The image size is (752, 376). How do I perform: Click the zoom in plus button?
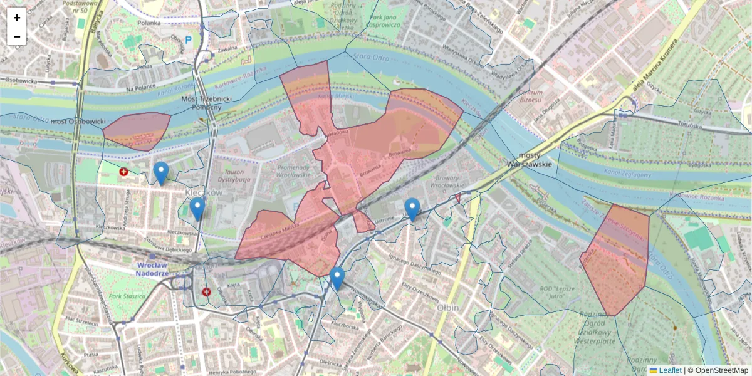pyautogui.click(x=17, y=18)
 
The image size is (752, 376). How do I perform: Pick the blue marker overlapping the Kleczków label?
pyautogui.click(x=197, y=209)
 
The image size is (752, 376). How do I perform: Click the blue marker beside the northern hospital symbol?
pyautogui.click(x=161, y=173)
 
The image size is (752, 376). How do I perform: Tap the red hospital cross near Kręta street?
pyautogui.click(x=206, y=291)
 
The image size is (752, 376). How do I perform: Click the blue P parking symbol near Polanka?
pyautogui.click(x=189, y=41)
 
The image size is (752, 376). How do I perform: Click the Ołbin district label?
pyautogui.click(x=448, y=308)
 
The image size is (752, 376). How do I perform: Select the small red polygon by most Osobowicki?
pyautogui.click(x=137, y=131)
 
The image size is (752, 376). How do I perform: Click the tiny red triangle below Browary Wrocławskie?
pyautogui.click(x=458, y=199)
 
